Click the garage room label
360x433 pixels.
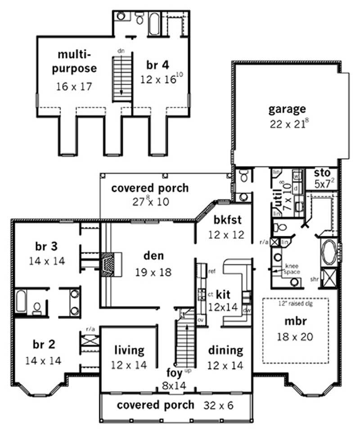pos(287,108)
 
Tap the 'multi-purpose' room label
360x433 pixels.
pos(77,62)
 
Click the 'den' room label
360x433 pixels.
pos(153,256)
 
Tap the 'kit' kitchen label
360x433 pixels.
pos(223,295)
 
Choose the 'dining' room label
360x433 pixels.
pos(225,350)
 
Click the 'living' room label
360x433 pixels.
pos(129,350)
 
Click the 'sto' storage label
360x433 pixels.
pos(322,173)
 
